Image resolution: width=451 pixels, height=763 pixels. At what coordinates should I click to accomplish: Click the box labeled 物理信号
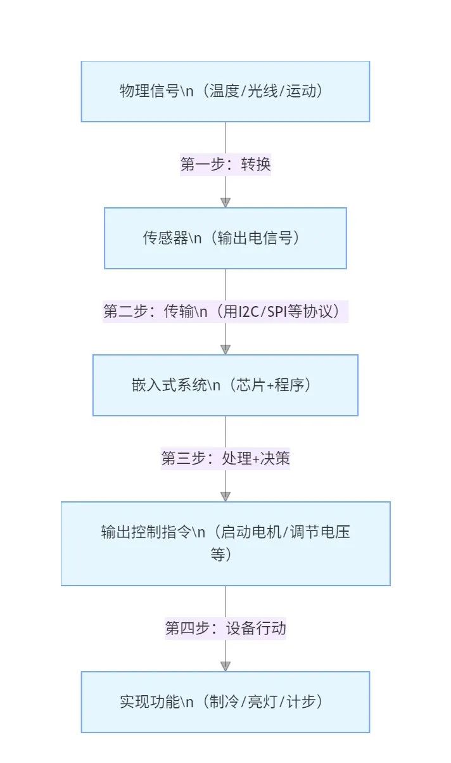click(225, 91)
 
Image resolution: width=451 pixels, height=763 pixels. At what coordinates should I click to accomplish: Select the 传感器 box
click(225, 238)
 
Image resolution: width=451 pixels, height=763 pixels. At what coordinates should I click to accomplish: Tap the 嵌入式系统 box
click(225, 385)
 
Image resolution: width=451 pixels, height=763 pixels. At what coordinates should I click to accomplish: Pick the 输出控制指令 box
click(225, 544)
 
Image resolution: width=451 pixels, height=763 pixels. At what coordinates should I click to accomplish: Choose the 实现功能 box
click(225, 702)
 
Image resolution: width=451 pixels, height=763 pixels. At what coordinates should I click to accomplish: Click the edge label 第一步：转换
click(225, 165)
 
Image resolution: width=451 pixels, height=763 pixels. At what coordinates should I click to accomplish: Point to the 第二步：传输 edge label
click(225, 311)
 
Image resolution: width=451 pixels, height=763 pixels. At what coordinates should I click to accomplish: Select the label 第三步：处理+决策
click(225, 458)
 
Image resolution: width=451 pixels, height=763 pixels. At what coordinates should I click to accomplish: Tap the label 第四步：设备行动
click(225, 628)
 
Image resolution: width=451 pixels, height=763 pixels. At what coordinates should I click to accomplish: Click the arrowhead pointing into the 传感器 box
click(225, 203)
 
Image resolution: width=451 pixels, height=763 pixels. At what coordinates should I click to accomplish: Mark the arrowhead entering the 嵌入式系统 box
click(225, 350)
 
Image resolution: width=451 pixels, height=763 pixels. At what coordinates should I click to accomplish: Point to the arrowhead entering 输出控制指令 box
click(225, 497)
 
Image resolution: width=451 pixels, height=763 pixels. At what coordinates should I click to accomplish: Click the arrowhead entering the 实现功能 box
click(225, 667)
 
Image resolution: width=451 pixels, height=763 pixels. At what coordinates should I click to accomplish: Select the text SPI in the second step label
click(277, 311)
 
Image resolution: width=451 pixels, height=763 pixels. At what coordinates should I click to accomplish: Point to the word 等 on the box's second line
click(217, 555)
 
